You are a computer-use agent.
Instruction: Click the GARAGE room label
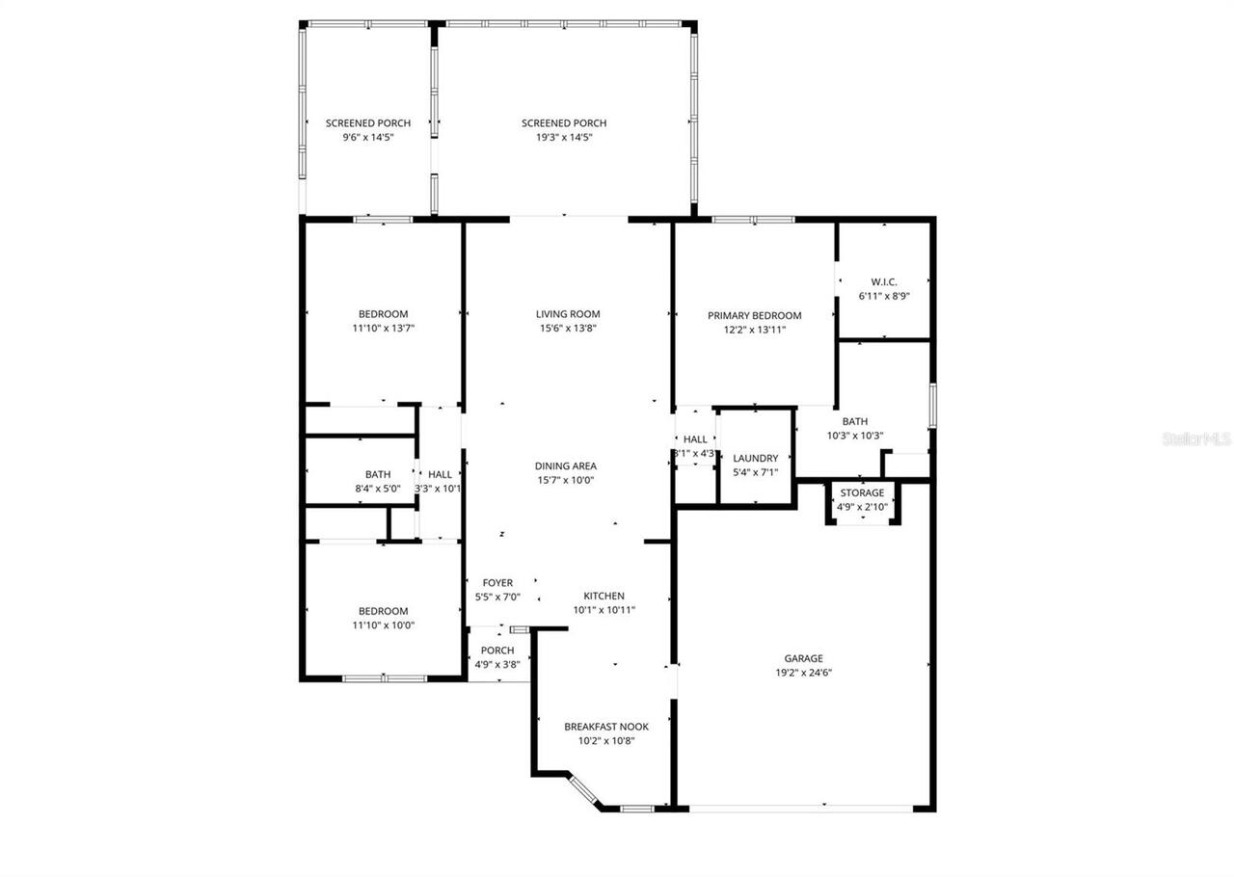(803, 658)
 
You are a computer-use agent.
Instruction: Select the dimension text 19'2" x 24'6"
(803, 673)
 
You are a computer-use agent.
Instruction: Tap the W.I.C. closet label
(884, 282)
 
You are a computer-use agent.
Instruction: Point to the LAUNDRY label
(755, 459)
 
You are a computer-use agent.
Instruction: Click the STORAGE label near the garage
(862, 493)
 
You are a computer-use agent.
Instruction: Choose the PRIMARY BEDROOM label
(754, 315)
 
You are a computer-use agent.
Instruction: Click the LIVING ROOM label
(568, 313)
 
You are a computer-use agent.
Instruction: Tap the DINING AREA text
(565, 465)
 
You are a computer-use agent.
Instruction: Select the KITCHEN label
(604, 596)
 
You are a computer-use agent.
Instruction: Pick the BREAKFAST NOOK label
(606, 727)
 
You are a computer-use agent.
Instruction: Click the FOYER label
(497, 583)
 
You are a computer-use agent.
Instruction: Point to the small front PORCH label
(497, 651)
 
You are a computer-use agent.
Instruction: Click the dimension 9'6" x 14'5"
(367, 138)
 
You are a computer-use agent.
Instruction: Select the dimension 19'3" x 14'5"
(563, 138)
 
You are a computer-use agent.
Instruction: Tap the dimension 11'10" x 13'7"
(383, 328)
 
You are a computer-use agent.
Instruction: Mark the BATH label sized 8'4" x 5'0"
(378, 474)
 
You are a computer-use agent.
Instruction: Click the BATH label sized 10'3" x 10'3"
(854, 421)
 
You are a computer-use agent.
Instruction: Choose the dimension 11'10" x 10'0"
(383, 625)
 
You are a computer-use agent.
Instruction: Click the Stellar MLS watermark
(1195, 438)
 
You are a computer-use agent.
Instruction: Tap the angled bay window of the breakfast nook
(584, 789)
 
